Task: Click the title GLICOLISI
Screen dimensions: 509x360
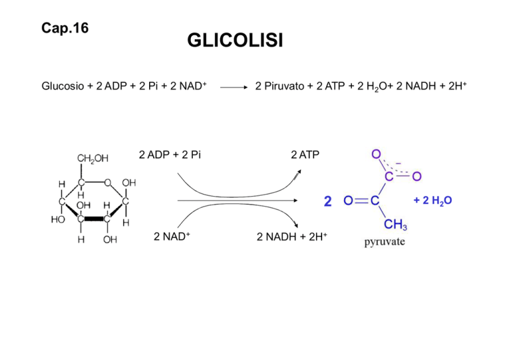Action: point(235,40)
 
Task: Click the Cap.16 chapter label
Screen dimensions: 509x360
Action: point(65,28)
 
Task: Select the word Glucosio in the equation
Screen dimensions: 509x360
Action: point(63,86)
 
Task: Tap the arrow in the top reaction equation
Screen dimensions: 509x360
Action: point(234,87)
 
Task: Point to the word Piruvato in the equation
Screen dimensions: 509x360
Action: point(284,86)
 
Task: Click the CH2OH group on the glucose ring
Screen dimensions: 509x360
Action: point(93,158)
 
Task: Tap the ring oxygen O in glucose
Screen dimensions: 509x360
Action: point(108,183)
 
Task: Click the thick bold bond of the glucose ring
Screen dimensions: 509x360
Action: point(94,219)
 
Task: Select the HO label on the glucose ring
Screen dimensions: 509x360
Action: point(58,219)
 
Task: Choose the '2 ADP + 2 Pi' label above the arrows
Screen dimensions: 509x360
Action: point(170,155)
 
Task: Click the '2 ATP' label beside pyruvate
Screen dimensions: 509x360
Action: point(305,155)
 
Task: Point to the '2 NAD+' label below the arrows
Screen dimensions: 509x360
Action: point(172,236)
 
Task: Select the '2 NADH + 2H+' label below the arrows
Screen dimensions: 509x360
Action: point(292,237)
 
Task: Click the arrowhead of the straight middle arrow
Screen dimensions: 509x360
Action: point(296,201)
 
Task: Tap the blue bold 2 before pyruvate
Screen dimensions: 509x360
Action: point(328,202)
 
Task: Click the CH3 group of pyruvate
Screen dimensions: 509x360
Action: point(396,224)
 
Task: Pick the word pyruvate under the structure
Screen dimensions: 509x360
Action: point(384,242)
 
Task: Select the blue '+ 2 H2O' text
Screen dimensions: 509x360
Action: point(433,201)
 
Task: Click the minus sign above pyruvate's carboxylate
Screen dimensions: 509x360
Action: point(398,164)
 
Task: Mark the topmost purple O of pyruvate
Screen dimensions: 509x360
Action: point(376,154)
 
